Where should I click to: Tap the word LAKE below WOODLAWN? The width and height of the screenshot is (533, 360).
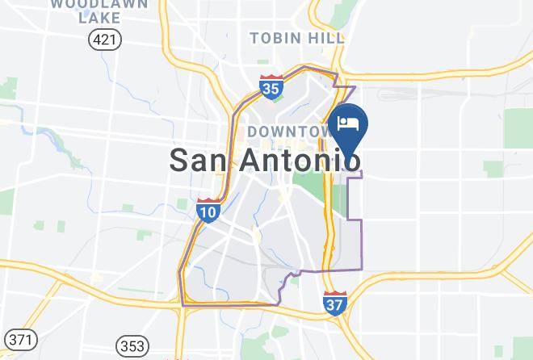click(99, 18)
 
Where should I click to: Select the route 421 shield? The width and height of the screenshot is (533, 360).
click(105, 39)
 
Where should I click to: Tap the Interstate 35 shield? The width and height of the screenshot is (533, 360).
click(272, 86)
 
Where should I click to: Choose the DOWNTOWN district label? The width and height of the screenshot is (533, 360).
click(291, 131)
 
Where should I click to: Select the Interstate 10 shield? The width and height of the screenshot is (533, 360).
click(208, 210)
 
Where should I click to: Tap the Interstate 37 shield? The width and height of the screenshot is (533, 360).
click(335, 303)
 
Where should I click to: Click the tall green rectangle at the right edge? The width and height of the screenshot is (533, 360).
click(518, 128)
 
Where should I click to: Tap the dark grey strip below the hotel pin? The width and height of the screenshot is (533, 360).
click(353, 198)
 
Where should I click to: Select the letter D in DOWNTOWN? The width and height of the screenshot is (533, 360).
click(253, 131)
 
